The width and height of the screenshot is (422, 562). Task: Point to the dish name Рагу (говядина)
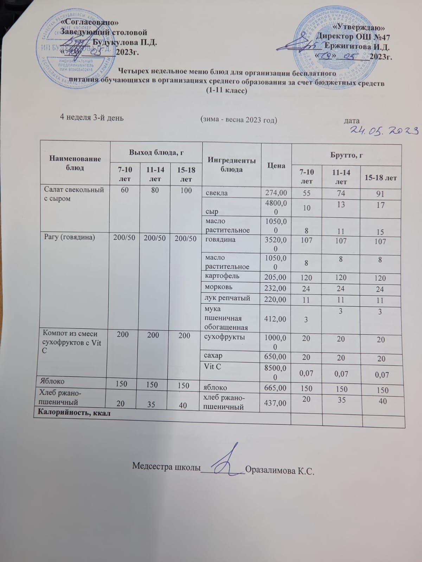(x=69, y=238)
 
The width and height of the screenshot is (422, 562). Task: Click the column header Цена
(x=276, y=165)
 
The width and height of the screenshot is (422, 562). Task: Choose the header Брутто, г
(x=346, y=155)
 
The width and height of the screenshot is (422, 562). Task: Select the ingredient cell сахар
(x=213, y=355)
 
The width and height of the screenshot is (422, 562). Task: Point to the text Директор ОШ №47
(x=353, y=37)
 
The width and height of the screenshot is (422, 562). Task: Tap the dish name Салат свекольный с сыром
(x=74, y=194)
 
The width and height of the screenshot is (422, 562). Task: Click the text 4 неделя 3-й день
(x=92, y=118)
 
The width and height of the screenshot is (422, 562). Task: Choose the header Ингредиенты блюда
(x=231, y=165)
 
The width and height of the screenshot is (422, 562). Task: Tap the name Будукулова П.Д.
(x=124, y=43)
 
